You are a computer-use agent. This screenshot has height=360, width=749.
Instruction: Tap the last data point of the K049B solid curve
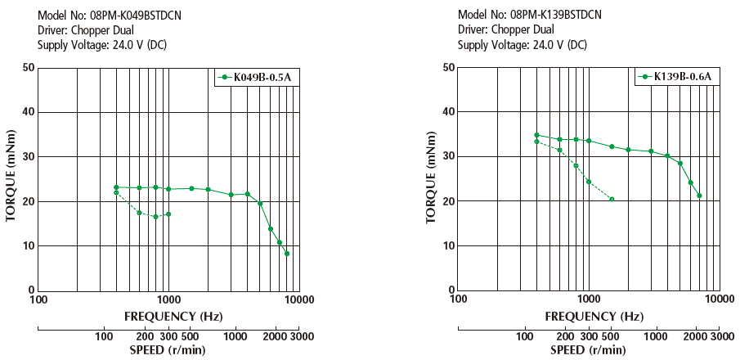click(x=287, y=254)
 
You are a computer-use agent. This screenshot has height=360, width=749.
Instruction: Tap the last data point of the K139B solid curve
click(x=699, y=196)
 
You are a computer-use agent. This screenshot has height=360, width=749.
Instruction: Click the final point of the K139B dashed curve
click(x=612, y=199)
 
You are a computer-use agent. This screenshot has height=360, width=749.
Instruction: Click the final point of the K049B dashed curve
click(x=168, y=214)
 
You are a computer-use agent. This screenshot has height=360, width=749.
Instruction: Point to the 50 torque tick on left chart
click(x=29, y=67)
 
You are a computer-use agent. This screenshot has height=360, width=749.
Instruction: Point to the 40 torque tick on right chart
click(x=450, y=111)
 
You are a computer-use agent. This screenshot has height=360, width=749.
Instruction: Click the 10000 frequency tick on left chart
click(x=299, y=299)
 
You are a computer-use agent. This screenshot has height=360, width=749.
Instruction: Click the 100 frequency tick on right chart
click(x=459, y=299)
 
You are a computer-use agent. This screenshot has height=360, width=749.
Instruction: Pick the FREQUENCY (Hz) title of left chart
click(x=168, y=316)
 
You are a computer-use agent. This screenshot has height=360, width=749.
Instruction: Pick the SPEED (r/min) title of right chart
click(x=588, y=350)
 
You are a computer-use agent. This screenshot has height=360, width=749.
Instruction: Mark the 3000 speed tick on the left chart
click(x=301, y=337)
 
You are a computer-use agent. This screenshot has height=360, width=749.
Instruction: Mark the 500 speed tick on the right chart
click(x=610, y=337)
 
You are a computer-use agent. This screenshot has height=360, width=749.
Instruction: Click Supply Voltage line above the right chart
click(x=522, y=45)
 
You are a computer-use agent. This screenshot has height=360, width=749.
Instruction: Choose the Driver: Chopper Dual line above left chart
click(x=89, y=30)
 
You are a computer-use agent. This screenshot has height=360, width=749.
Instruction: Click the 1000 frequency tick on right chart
click(x=589, y=299)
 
